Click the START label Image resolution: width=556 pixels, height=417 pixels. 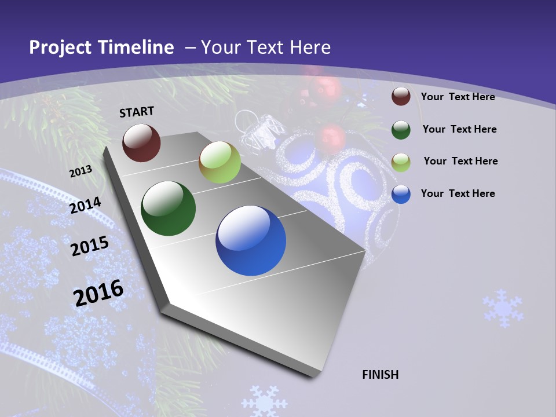pyautogui.click(x=137, y=112)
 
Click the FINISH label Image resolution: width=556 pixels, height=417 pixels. pyautogui.click(x=381, y=375)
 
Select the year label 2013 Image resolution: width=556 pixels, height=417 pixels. pyautogui.click(x=81, y=171)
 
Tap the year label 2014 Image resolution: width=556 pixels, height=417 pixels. pyautogui.click(x=86, y=206)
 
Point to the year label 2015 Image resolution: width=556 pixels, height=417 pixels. pyautogui.click(x=90, y=246)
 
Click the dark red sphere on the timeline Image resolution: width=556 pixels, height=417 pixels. pyautogui.click(x=141, y=142)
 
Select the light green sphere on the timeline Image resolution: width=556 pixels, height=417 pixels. pyautogui.click(x=220, y=162)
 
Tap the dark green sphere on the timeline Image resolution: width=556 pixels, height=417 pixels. pyautogui.click(x=168, y=209)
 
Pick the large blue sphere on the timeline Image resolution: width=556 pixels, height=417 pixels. pyautogui.click(x=251, y=240)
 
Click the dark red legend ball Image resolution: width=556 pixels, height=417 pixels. pyautogui.click(x=401, y=96)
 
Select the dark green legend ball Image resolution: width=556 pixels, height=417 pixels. pyautogui.click(x=401, y=129)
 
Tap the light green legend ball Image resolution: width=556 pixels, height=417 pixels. pyautogui.click(x=401, y=162)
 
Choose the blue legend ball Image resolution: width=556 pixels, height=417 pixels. pyautogui.click(x=401, y=194)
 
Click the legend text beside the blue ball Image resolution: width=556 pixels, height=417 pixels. pyautogui.click(x=458, y=193)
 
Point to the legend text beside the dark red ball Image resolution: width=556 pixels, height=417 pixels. pyautogui.click(x=458, y=97)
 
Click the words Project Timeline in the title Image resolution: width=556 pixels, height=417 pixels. pyautogui.click(x=101, y=47)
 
